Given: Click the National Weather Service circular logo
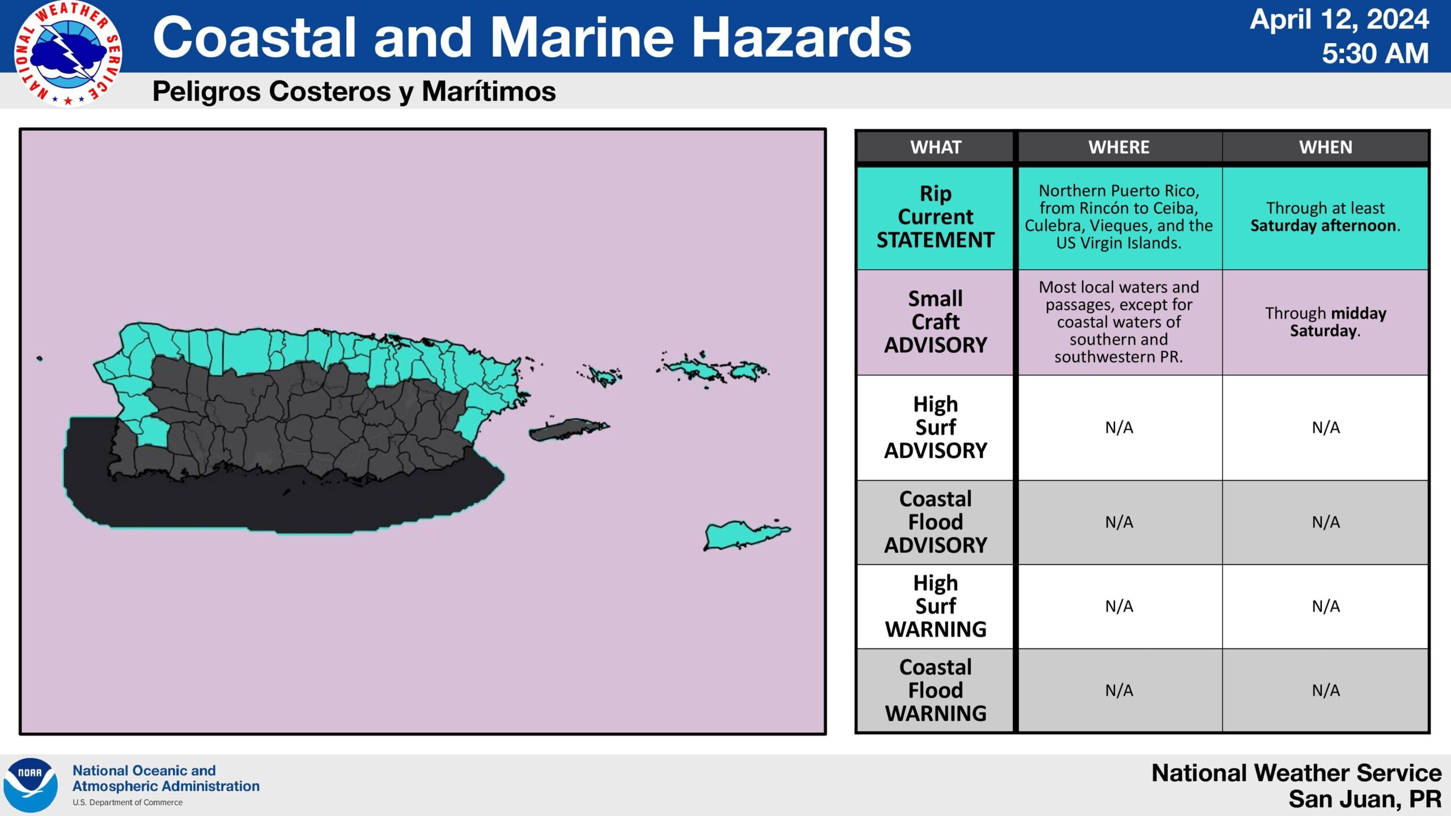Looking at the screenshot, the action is pos(67,54).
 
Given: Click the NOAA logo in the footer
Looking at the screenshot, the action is pos(31,785).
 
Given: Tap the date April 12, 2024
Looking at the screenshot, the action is pos(1339,20).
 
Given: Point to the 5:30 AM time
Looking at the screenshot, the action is pos(1375,54).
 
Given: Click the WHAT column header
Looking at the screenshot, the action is pos(936,147).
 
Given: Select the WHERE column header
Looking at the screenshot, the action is pos(1119,147).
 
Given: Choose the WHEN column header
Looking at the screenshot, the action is pos(1326,147).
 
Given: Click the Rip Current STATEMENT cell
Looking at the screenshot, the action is pos(935,217).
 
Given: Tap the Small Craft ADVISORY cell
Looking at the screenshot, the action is pos(935,322).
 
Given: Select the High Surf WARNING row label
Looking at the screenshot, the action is pos(936,606).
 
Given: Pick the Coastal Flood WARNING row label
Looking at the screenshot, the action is pos(936,690).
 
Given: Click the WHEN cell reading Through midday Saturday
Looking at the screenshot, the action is pos(1326,322).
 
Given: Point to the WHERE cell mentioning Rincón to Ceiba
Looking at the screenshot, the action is pos(1119,217).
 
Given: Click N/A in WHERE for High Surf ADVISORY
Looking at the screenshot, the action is pos(1119,427).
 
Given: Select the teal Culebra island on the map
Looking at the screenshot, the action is pos(602,376).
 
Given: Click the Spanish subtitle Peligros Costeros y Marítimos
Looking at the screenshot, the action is pos(354,91).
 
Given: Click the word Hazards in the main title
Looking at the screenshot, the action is pos(801,37).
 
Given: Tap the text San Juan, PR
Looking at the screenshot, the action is pos(1365,799).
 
